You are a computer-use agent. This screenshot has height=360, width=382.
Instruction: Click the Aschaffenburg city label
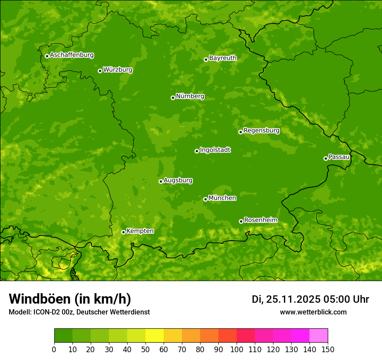pos(72,55)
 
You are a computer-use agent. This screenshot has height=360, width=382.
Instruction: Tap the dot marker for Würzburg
pos(100,71)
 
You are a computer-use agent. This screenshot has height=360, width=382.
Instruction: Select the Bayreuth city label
pos(223,58)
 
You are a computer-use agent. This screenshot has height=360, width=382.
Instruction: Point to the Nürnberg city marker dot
pos(173,98)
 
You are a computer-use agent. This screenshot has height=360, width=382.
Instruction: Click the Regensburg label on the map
pos(261,130)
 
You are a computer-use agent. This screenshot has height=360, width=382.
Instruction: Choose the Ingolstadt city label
pos(215,150)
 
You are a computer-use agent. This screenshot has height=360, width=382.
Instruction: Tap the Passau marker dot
pos(326,158)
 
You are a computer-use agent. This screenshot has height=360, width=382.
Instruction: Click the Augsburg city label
pos(178,180)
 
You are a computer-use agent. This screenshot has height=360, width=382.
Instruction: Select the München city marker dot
pos(205,199)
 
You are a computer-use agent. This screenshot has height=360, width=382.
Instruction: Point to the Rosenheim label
pos(260,220)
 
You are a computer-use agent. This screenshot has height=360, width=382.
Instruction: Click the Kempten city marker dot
pos(123,232)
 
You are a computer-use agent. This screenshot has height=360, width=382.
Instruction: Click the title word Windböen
pos(39,299)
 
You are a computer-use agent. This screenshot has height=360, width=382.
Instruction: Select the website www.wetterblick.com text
pos(313,312)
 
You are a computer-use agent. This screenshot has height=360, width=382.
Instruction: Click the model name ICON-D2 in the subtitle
pos(46,312)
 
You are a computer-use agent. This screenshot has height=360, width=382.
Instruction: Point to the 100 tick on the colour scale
pos(237,349)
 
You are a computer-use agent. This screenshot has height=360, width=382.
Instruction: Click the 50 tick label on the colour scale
pos(145,349)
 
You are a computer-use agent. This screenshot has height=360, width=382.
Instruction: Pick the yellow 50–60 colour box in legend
pos(155,336)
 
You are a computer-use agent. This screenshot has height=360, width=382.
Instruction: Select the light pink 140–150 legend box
pos(319,336)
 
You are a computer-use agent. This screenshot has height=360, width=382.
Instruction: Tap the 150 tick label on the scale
pos(328,349)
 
